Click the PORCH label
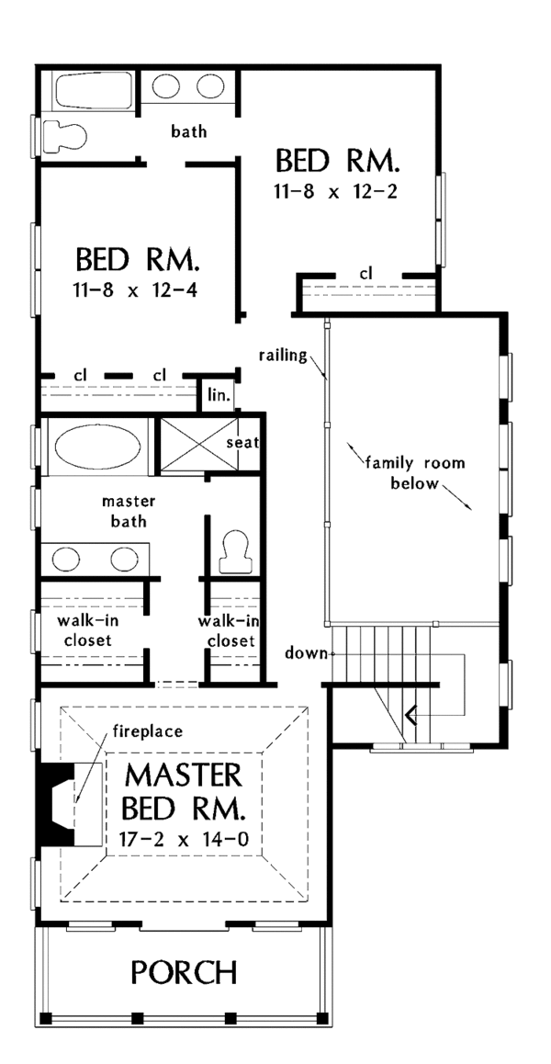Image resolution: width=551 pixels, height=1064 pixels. [184, 972]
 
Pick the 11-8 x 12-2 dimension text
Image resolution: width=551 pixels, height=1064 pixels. [336, 193]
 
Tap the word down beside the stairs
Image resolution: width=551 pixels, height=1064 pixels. [307, 654]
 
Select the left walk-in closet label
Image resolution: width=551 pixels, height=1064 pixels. [84, 629]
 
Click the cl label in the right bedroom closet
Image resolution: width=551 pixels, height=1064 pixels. [367, 273]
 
